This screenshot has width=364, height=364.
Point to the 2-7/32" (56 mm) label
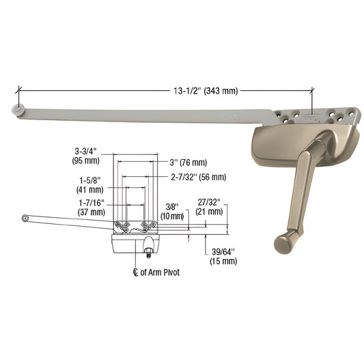point(198,177)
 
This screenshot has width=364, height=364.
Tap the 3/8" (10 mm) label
point(173,210)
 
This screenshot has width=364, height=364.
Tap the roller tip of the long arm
point(16,109)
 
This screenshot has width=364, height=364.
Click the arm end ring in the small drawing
point(26,218)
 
